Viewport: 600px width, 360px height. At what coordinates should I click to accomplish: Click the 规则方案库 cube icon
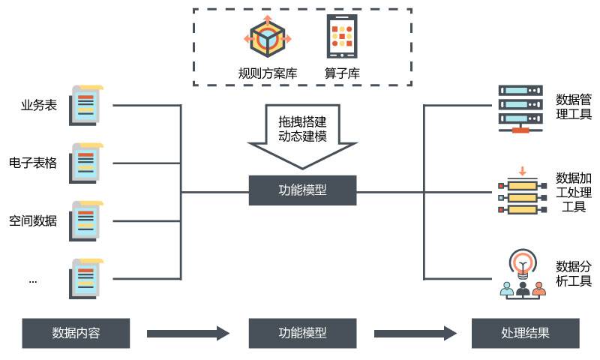[x=268, y=37]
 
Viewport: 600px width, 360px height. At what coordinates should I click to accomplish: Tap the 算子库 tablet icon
[x=342, y=36]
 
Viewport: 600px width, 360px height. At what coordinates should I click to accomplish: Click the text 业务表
[x=39, y=105]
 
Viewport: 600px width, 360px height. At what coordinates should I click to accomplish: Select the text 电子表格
[x=33, y=163]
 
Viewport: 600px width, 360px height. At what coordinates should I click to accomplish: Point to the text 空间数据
[x=33, y=220]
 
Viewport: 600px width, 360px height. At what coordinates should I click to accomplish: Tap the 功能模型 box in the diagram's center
[x=302, y=190]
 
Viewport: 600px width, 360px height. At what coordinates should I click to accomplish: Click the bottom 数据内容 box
[x=76, y=333]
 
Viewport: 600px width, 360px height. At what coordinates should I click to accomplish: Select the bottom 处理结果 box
[x=525, y=333]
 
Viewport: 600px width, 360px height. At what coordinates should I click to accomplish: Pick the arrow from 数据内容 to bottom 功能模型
[x=187, y=333]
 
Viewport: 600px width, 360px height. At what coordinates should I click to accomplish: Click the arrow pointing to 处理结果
[x=415, y=333]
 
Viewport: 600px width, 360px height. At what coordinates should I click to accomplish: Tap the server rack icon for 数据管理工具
[x=520, y=108]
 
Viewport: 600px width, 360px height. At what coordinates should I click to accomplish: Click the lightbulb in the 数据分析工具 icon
[x=522, y=262]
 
